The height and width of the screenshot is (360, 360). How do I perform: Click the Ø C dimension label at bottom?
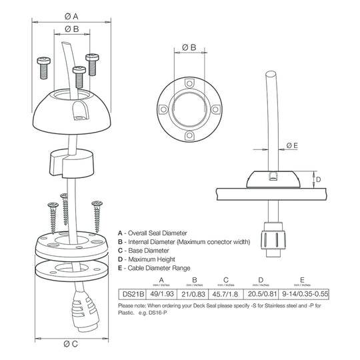pyautogui.click(x=72, y=344)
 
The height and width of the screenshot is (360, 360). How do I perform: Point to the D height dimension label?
pyautogui.click(x=318, y=179)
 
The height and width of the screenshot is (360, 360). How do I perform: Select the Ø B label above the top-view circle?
pyautogui.click(x=189, y=47)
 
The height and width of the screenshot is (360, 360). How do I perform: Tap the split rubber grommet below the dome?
pyautogui.click(x=73, y=163)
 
